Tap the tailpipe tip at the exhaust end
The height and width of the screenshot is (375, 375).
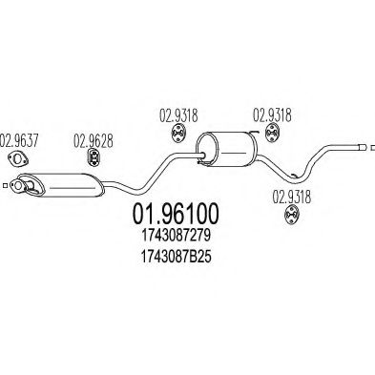coord(362,145)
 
